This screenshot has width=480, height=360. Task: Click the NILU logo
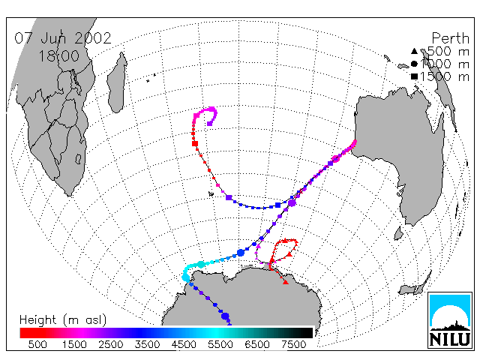click(x=450, y=320)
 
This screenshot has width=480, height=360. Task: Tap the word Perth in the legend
click(x=450, y=38)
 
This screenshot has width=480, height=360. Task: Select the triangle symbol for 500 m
click(x=414, y=51)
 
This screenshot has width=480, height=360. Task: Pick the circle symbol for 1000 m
click(x=414, y=64)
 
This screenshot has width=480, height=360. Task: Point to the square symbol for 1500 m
click(x=414, y=76)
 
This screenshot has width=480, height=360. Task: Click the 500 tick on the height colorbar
click(x=37, y=345)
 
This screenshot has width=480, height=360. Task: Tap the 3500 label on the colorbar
click(x=147, y=345)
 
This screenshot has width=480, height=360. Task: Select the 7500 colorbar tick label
click(x=293, y=345)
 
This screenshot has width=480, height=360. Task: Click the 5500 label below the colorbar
click(x=220, y=345)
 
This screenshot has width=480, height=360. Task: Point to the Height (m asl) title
click(x=63, y=320)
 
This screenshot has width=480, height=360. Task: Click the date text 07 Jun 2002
click(x=63, y=38)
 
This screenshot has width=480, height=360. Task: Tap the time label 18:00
click(x=59, y=56)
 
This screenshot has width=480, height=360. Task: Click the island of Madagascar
click(x=117, y=82)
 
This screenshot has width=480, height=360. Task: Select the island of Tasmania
click(x=398, y=233)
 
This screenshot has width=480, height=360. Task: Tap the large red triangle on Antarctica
click(x=286, y=282)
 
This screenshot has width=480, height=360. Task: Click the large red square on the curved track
click(x=195, y=143)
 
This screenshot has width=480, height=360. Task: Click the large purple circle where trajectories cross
click(x=292, y=202)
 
